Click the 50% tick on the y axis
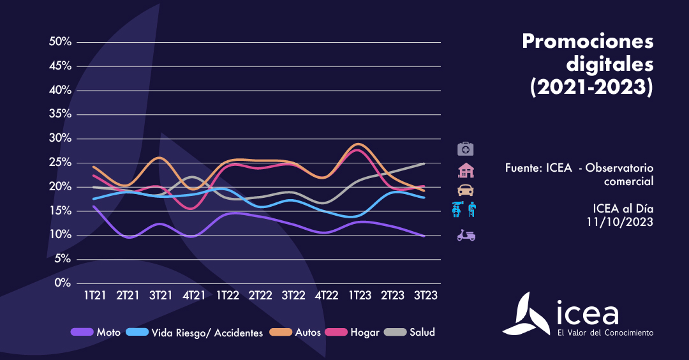59,42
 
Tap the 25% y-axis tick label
59,163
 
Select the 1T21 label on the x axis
94,296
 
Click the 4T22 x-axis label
326,296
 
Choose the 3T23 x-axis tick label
426,296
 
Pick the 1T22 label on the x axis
227,296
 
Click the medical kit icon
466,149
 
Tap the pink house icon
466,170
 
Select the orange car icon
466,190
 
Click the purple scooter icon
466,236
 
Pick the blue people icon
465,209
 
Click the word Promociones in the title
588,42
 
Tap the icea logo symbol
526,314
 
